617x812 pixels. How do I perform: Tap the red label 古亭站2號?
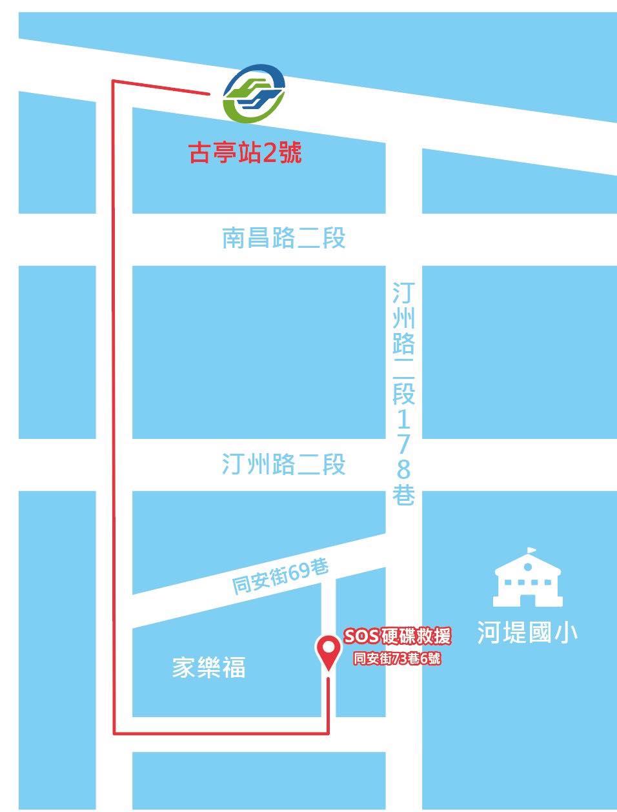[245, 154]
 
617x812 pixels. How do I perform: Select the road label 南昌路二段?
[284, 238]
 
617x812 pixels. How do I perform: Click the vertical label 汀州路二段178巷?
[403, 394]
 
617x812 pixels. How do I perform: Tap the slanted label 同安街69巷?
[281, 576]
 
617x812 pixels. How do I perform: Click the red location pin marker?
[329, 652]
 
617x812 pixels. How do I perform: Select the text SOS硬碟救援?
[397, 636]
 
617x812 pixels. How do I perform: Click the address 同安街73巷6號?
[397, 659]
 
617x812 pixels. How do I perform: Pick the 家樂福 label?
[208, 667]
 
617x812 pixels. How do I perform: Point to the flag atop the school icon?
[532, 551]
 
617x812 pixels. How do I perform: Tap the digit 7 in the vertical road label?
[403, 445]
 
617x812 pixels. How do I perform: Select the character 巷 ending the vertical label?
[403, 496]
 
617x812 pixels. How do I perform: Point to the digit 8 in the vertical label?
[403, 469]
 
